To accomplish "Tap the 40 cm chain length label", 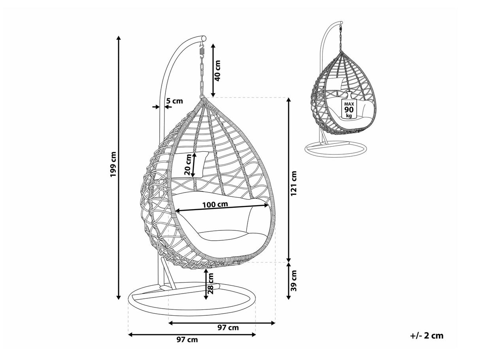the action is pyautogui.click(x=217, y=71).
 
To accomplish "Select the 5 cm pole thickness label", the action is pyautogui.click(x=174, y=101).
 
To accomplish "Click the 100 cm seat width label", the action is pyautogui.click(x=215, y=204).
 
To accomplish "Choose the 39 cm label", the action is pyautogui.click(x=294, y=281).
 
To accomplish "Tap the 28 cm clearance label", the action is pyautogui.click(x=210, y=284).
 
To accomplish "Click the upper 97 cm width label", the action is pyautogui.click(x=228, y=334).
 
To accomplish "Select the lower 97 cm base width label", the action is pyautogui.click(x=187, y=346).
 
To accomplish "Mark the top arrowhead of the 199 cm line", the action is pyautogui.click(x=119, y=38).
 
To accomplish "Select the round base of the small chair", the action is pyautogui.click(x=336, y=149).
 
